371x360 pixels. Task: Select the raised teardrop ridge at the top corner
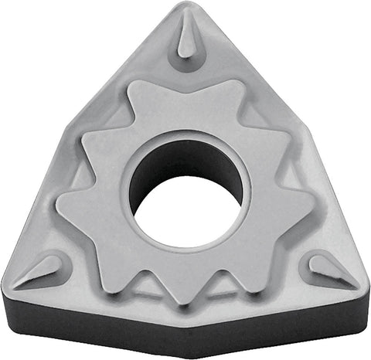click(x=188, y=39)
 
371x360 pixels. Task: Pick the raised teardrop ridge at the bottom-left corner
click(x=45, y=270)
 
